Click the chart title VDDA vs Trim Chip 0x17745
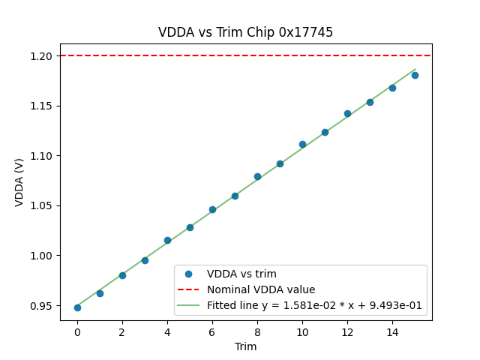245,32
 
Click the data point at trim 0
77,307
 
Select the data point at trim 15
415,75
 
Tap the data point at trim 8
257,176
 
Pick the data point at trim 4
167,240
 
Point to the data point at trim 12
347,113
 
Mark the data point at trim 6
212,209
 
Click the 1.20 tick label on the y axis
42,56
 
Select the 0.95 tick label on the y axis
42,306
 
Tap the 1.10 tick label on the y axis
42,156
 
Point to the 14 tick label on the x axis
392,331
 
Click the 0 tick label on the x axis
77,331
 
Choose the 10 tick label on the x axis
302,331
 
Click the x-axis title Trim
245,346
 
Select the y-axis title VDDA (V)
19,182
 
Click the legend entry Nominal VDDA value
261,289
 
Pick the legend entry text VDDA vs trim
241,274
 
